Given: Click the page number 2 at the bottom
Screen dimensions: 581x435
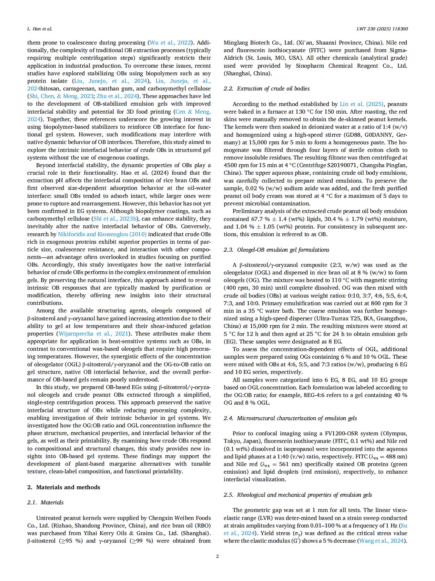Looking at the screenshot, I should (217, 556).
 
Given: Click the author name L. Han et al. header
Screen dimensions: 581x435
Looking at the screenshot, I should (40, 29).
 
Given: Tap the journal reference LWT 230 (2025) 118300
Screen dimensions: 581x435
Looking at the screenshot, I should (382, 29).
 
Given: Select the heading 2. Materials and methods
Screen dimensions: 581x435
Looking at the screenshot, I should (63, 487).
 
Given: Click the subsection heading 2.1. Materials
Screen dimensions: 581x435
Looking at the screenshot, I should (45, 502).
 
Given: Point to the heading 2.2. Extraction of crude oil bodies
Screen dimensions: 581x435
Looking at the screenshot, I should (266, 89).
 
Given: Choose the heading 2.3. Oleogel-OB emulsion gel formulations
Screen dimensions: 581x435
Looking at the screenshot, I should (276, 250).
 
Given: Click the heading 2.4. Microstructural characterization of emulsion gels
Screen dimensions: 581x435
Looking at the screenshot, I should (290, 418).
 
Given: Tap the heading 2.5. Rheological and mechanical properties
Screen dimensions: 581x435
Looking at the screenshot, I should (297, 495).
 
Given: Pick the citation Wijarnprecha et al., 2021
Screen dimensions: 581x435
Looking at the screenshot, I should (93, 333).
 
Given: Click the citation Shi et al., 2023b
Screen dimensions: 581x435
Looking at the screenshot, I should (115, 219).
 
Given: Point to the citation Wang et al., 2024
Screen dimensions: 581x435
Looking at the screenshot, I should (381, 541).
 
